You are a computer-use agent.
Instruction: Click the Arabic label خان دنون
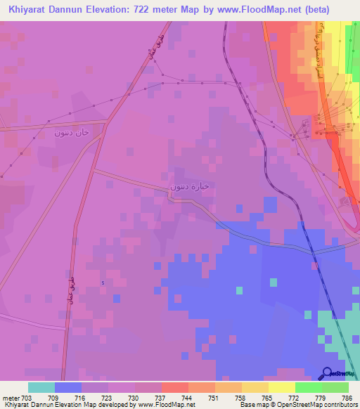click(73, 131)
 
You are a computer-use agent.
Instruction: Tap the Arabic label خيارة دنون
click(191, 187)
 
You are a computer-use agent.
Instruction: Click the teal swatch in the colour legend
click(41, 387)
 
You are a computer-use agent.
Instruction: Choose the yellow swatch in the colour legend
click(281, 387)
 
